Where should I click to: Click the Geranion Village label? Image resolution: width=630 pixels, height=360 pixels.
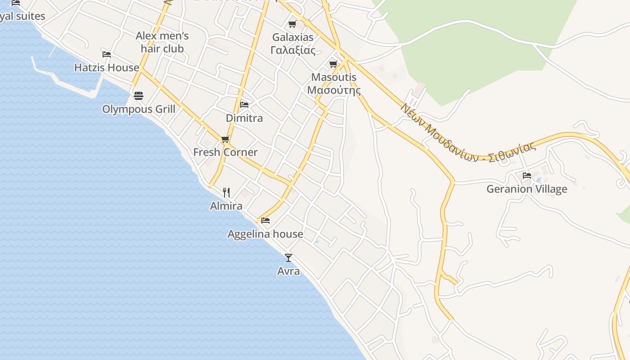pyautogui.click(x=526, y=189)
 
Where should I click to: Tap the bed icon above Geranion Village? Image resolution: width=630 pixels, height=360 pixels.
pyautogui.click(x=527, y=175)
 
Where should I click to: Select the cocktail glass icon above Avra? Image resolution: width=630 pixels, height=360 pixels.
pyautogui.click(x=288, y=258)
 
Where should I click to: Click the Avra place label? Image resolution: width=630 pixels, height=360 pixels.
pyautogui.click(x=288, y=271)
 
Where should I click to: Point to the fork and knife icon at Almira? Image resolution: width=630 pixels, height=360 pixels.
pyautogui.click(x=226, y=193)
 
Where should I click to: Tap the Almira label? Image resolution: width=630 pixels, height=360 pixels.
pyautogui.click(x=226, y=206)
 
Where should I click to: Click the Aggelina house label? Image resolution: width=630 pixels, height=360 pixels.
pyautogui.click(x=265, y=234)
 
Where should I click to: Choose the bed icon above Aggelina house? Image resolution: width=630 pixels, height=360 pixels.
pyautogui.click(x=265, y=220)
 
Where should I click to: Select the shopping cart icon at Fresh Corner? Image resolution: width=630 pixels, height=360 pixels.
pyautogui.click(x=225, y=139)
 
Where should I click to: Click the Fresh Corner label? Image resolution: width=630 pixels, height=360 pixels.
pyautogui.click(x=225, y=153)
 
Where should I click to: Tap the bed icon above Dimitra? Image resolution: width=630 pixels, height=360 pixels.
pyautogui.click(x=244, y=104)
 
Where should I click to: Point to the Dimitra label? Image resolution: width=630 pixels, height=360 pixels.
pyautogui.click(x=244, y=118)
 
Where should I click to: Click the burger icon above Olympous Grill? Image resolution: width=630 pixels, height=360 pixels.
pyautogui.click(x=139, y=95)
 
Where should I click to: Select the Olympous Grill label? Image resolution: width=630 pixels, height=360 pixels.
pyautogui.click(x=139, y=109)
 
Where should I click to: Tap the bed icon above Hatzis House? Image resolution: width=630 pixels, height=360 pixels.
pyautogui.click(x=107, y=54)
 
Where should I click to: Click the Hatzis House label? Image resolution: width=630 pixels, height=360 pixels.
pyautogui.click(x=107, y=67)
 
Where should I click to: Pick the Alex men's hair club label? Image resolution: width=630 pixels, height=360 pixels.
pyautogui.click(x=162, y=42)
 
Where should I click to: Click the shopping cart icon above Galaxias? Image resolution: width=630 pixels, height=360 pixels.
pyautogui.click(x=293, y=24)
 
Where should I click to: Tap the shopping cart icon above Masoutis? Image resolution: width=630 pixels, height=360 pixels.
pyautogui.click(x=333, y=64)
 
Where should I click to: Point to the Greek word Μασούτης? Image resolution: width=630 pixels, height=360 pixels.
pyautogui.click(x=334, y=90)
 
